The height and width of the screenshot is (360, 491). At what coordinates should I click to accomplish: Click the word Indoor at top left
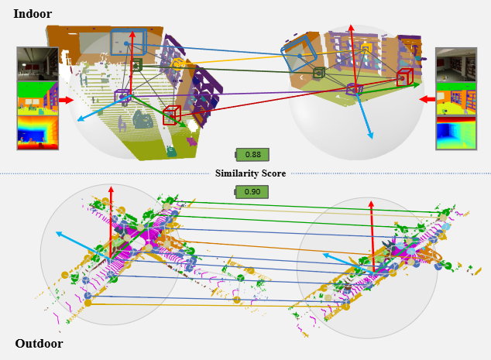tap(33, 14)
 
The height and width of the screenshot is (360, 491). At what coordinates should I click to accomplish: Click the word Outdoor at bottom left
tap(39, 344)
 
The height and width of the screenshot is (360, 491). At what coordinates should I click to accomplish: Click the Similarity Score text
tap(250, 173)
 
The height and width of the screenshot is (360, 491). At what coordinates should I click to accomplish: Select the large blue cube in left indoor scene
tap(123, 42)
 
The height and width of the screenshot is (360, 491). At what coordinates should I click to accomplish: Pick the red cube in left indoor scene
tap(172, 115)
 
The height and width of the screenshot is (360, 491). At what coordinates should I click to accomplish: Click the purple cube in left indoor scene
tap(122, 96)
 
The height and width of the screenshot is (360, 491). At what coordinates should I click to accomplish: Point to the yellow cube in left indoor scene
tap(177, 64)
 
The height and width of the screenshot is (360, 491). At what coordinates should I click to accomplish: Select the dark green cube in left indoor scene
tap(137, 65)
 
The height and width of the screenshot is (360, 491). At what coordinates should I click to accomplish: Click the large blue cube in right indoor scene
tap(299, 55)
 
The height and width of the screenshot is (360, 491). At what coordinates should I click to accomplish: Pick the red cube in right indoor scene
tap(404, 77)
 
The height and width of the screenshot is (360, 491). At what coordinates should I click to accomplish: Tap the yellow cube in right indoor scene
tap(366, 48)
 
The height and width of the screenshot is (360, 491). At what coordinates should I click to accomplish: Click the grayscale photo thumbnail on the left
tap(37, 64)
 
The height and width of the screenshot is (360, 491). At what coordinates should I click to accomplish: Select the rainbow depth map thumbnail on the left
tap(37, 132)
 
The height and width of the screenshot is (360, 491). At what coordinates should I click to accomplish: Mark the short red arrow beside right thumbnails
tap(427, 99)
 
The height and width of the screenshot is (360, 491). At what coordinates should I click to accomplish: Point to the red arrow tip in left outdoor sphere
tap(111, 188)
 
